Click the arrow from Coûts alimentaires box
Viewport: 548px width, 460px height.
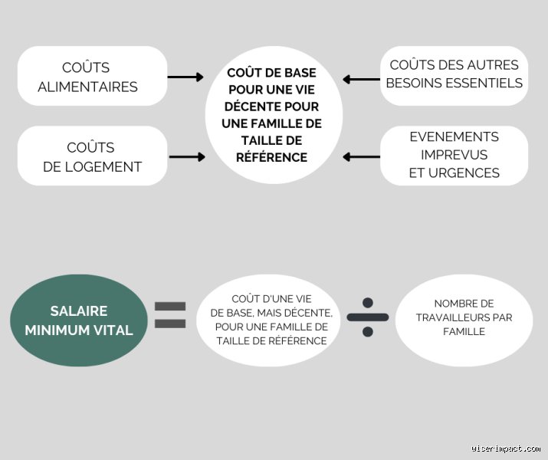tap(185, 77)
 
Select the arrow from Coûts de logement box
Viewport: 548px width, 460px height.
tap(187, 157)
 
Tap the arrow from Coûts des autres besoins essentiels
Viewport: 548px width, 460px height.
tap(361, 79)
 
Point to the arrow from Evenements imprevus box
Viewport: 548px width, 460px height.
tap(361, 157)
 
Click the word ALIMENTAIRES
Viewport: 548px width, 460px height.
tap(87, 87)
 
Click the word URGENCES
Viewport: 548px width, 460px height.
tap(464, 173)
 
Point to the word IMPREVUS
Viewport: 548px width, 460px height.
tap(454, 155)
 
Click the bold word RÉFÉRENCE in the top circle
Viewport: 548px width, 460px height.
tap(271, 157)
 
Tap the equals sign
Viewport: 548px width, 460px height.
tap(170, 315)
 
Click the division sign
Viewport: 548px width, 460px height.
tap(368, 317)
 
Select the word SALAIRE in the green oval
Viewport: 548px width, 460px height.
tap(79, 311)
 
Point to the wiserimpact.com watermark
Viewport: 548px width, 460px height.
tap(505, 448)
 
